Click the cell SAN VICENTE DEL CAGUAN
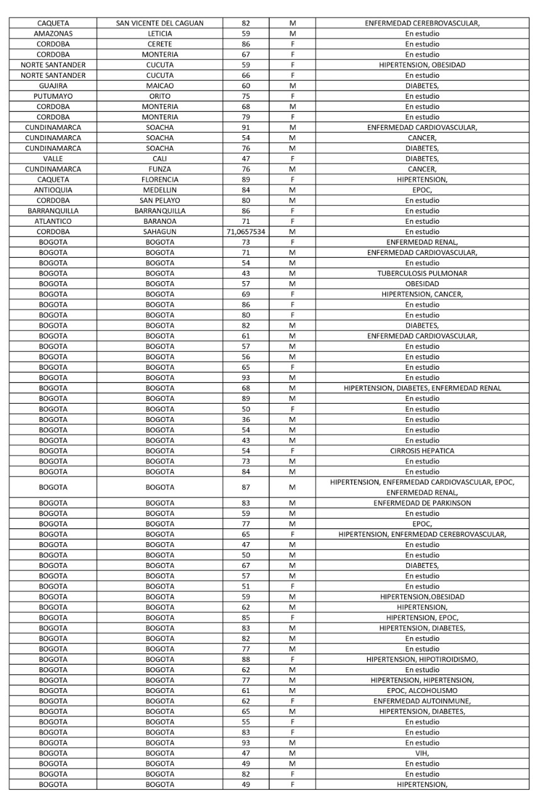point(160,23)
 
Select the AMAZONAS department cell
point(53,33)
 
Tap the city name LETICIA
point(160,33)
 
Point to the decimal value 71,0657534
point(245,231)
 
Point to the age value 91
point(245,127)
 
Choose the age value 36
point(245,419)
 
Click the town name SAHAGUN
point(160,231)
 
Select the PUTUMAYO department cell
point(53,96)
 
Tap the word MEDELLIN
point(160,190)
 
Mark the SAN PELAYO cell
point(160,200)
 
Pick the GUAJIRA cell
point(53,86)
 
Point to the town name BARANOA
point(160,221)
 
